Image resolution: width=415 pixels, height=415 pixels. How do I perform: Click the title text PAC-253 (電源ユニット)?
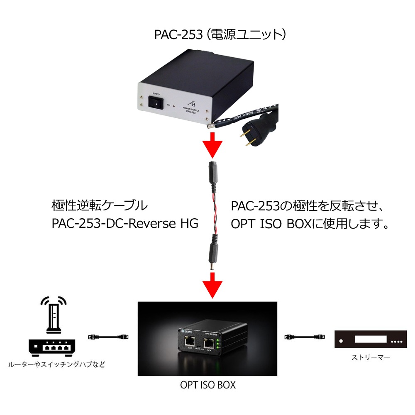[220, 34]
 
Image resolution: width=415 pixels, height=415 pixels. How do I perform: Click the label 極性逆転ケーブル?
[99, 205]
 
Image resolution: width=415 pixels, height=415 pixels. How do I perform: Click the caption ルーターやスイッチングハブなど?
[56, 365]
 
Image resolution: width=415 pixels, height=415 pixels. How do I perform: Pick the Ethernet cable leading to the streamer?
[303, 336]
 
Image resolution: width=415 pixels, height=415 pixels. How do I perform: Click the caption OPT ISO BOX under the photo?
[207, 385]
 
